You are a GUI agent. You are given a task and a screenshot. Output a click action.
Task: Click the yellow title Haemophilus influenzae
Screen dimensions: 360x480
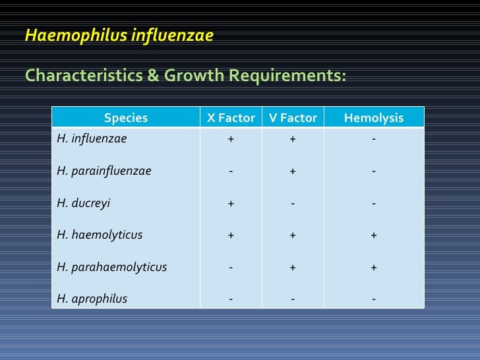[x=119, y=36]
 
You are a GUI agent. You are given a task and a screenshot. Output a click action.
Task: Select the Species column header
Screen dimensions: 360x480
[x=126, y=118]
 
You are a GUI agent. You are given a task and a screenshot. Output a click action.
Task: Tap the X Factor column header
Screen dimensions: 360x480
[x=231, y=118]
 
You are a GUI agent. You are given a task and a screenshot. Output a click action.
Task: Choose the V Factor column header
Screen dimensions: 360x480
[x=293, y=118]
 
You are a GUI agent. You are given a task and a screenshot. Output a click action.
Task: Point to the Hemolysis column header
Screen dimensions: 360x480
[x=374, y=118]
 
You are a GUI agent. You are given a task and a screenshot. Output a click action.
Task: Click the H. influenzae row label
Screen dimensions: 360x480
[x=92, y=139]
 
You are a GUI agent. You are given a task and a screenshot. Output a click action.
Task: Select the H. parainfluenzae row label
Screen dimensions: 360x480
[x=104, y=171]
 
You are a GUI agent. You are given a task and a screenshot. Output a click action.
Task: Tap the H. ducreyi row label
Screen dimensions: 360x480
[x=84, y=203]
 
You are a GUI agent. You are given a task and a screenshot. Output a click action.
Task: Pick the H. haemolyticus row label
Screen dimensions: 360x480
[x=100, y=235]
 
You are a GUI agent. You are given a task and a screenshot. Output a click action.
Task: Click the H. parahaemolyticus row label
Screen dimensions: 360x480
[x=112, y=267]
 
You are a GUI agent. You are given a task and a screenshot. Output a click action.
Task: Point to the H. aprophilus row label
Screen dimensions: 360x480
[x=92, y=299]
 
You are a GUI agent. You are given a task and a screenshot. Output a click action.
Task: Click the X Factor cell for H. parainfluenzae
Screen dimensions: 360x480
[x=231, y=171]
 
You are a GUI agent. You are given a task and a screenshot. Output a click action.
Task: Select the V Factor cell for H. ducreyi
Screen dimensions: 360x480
[x=293, y=203]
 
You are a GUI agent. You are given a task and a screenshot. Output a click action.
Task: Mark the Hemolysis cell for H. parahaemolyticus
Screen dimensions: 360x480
[x=374, y=267]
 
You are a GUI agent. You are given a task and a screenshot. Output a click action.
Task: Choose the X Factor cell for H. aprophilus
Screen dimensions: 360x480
[x=231, y=299]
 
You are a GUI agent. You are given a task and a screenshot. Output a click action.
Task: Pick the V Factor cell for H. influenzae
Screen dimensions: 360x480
[x=293, y=140]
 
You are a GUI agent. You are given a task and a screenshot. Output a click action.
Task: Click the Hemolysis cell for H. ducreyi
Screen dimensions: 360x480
[x=374, y=203]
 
